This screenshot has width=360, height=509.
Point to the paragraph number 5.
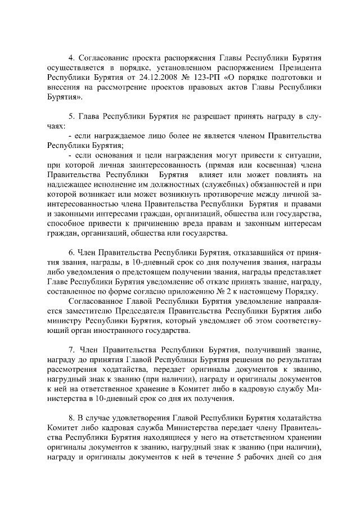click(71, 116)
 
